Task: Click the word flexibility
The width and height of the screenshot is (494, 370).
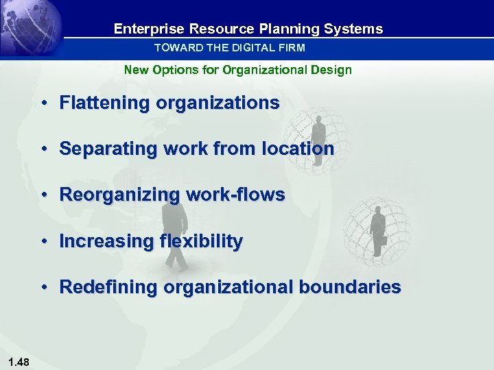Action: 200,241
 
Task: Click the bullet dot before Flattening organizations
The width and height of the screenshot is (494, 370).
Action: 43,103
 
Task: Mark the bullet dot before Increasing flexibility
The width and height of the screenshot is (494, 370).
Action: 43,242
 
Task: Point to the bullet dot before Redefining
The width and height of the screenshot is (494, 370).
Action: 43,288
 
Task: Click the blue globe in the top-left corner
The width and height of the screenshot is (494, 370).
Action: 27,27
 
